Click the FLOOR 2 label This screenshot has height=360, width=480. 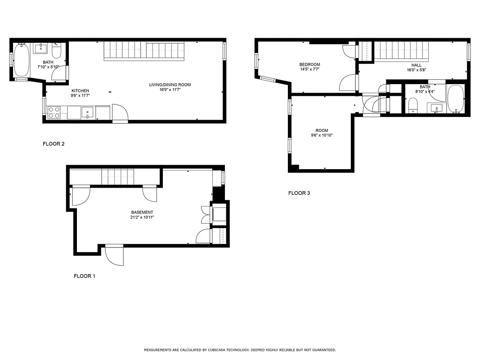(54, 144)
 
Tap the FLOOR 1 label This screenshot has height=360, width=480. (85, 276)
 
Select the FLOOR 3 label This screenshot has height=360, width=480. (299, 193)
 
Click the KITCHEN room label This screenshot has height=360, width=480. (80, 91)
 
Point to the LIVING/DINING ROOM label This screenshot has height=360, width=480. (170, 85)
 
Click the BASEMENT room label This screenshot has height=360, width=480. (142, 212)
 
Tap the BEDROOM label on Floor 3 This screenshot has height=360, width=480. (310, 65)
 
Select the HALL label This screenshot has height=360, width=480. (416, 65)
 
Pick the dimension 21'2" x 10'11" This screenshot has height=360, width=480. (142, 217)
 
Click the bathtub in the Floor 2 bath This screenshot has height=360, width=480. (21, 60)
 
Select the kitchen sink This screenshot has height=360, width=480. (87, 112)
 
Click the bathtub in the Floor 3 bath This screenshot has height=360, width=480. (455, 98)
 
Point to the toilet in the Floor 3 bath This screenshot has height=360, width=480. (413, 106)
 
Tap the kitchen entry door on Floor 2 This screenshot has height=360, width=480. (120, 113)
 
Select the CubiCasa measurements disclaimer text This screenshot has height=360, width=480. (240, 350)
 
